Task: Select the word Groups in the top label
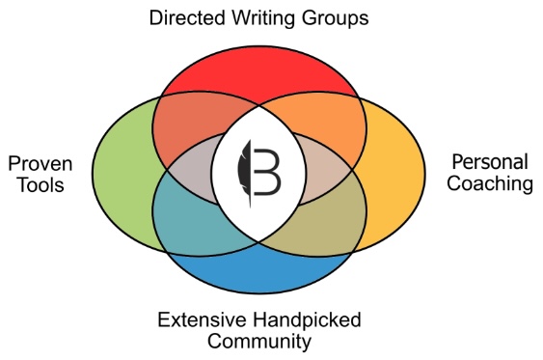point(334,17)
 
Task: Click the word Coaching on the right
point(490,183)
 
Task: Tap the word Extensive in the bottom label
point(196,319)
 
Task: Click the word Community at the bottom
point(259,341)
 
